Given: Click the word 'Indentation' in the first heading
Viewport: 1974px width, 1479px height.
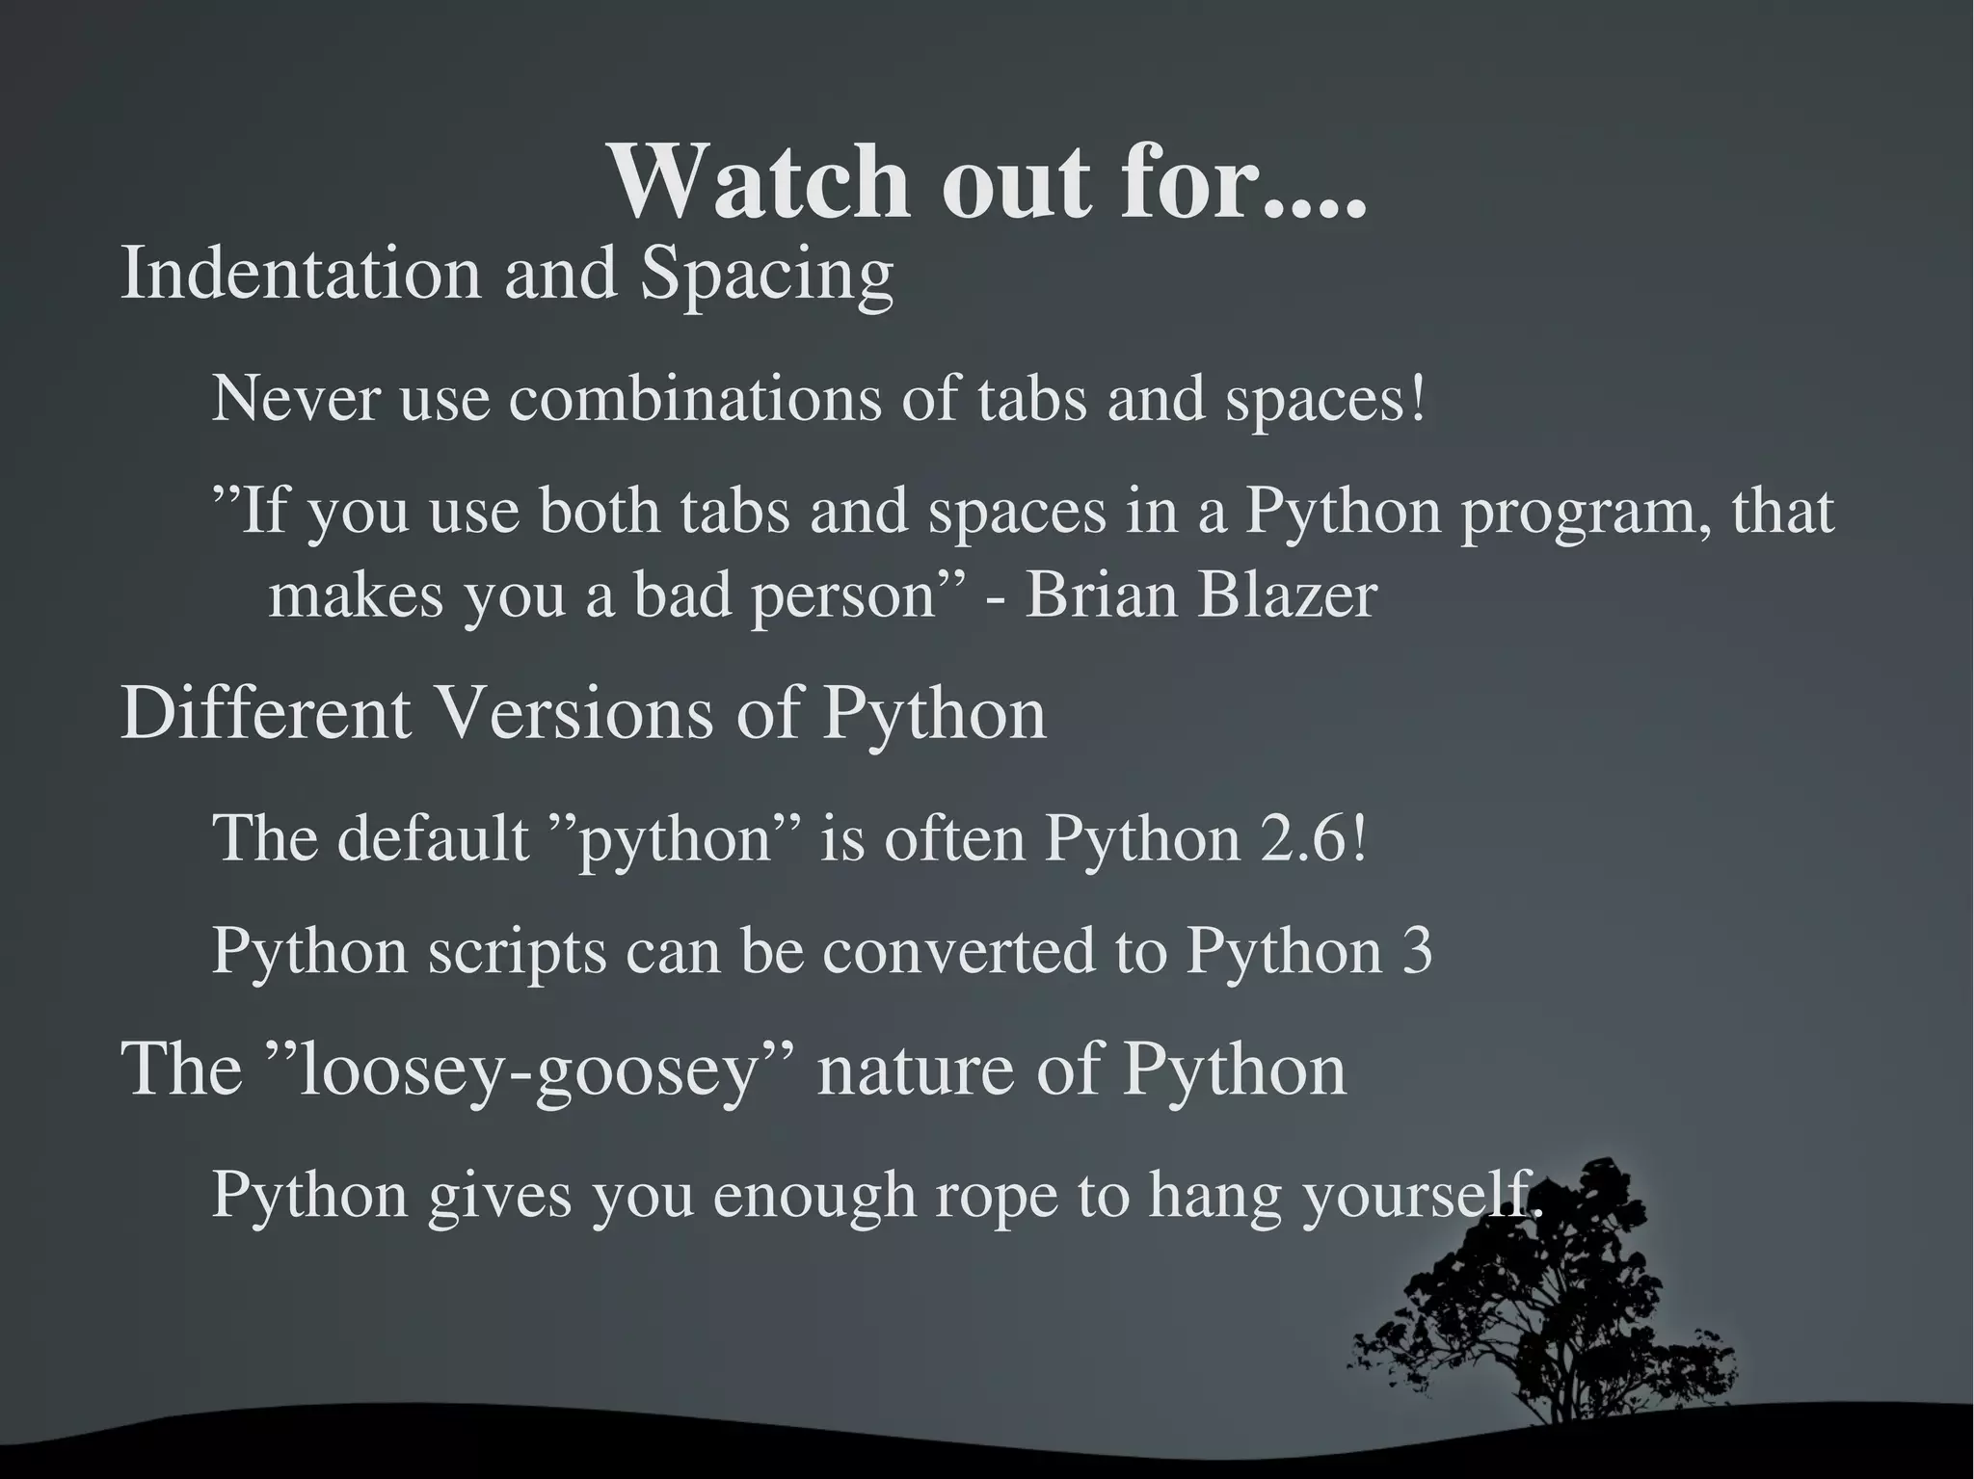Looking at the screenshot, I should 300,274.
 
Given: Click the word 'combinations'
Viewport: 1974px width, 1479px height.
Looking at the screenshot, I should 694,399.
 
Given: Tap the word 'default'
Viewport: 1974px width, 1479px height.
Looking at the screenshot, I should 433,838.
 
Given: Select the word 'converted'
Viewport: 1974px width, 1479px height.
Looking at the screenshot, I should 959,951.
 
